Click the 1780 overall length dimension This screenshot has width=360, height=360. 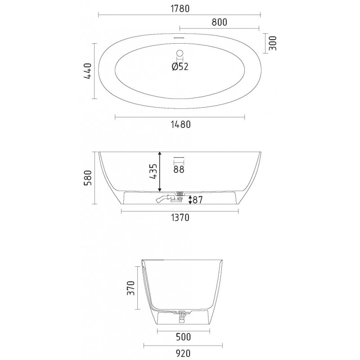click(180, 9)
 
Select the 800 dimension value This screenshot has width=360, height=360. click(219, 22)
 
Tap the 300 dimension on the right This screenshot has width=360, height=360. click(273, 43)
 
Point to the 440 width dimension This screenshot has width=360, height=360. click(87, 71)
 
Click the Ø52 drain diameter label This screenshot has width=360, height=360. click(180, 67)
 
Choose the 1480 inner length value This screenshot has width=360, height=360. click(181, 125)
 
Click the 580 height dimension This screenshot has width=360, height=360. click(88, 178)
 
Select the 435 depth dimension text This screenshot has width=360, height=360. click(153, 171)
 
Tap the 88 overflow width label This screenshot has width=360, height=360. click(179, 170)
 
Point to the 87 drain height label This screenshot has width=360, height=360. click(198, 200)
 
